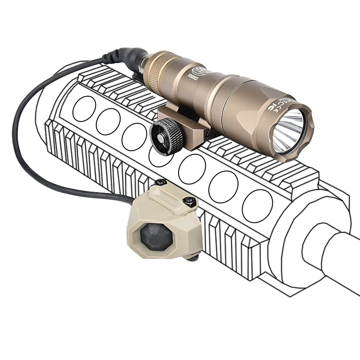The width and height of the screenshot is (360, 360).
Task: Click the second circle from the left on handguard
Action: [x=108, y=121]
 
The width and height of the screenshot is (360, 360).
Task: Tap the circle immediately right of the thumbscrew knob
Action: [x=192, y=169]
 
